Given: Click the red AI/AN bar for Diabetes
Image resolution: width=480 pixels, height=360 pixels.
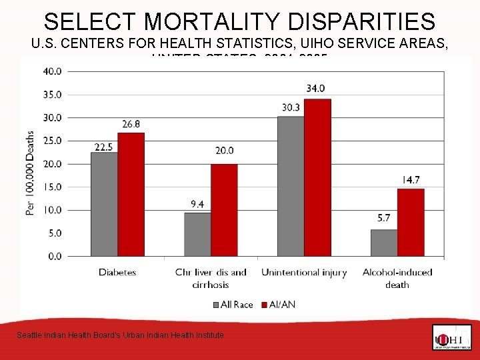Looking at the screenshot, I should [131, 195].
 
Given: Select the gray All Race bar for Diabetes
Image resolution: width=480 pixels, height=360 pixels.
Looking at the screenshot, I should [104, 204].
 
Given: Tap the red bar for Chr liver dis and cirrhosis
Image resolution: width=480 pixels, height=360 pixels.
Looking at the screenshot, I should [224, 210].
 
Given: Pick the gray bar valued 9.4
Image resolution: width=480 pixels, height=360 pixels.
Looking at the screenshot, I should [197, 234].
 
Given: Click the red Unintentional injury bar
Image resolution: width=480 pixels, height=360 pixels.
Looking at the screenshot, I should [317, 177].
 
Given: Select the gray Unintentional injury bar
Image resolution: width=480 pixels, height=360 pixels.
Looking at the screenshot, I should [291, 186].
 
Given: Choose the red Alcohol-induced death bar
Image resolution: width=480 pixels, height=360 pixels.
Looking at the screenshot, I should [411, 222].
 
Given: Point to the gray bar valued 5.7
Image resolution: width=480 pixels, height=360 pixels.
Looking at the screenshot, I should [384, 243].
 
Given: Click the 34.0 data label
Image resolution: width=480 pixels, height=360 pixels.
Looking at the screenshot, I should [316, 88].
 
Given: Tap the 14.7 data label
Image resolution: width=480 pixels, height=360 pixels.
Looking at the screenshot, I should [411, 179].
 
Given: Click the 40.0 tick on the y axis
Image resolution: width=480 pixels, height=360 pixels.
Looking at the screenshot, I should [53, 71].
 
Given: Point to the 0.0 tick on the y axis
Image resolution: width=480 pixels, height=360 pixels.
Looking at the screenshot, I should [55, 256].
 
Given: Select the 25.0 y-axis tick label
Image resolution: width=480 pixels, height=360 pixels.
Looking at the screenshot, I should [53, 141].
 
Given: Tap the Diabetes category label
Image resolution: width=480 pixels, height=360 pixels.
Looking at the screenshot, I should [117, 272].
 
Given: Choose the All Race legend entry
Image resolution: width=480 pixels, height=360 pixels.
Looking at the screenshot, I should [233, 305].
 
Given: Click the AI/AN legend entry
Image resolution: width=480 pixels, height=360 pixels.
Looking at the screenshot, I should [281, 305].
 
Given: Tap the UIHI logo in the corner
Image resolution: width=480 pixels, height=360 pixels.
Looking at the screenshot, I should [451, 337].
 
